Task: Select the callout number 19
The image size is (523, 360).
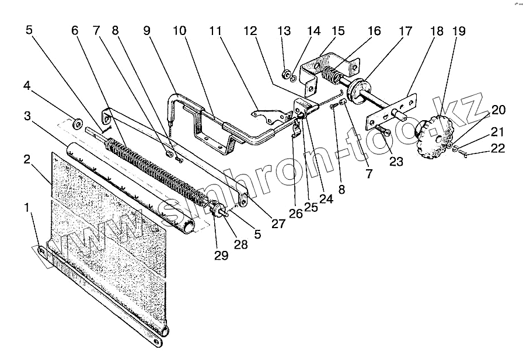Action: (459, 32)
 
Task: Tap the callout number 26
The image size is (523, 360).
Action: (296, 214)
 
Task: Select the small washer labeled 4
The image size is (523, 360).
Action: (76, 124)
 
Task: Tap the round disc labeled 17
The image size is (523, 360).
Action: (355, 89)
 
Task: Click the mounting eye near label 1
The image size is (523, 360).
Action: (42, 251)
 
